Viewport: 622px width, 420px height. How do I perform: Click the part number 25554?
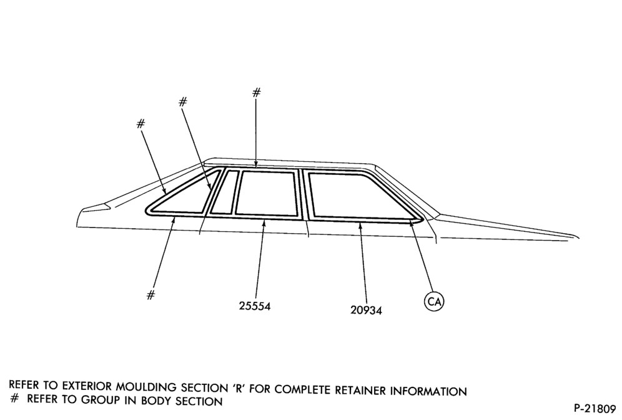pos(255,306)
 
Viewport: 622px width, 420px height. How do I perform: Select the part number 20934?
pos(366,309)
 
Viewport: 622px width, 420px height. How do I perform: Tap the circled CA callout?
pos(434,302)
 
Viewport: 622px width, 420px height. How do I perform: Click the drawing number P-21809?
pos(595,408)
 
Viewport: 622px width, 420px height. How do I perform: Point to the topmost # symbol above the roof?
pos(257,92)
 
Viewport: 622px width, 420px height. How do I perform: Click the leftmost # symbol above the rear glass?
pos(141,124)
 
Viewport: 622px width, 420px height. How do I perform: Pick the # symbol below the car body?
pos(151,295)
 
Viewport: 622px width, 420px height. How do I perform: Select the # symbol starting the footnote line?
pos(14,399)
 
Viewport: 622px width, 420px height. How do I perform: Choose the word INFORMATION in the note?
pos(428,391)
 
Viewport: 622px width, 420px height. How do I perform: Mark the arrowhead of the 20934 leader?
pos(360,226)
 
